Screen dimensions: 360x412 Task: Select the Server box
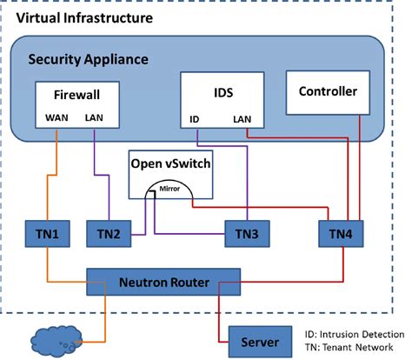coord(258,337)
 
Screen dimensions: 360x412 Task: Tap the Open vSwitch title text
coord(169,163)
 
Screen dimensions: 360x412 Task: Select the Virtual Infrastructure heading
coord(80,17)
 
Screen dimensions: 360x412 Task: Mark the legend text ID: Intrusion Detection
coord(356,333)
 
